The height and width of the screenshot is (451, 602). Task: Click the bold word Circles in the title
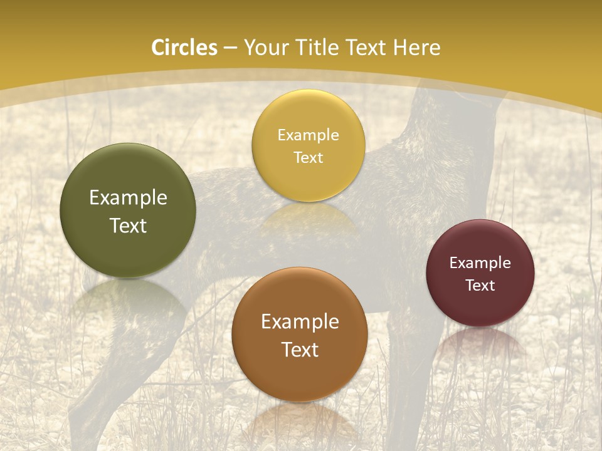click(184, 48)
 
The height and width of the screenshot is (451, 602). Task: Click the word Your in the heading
click(263, 48)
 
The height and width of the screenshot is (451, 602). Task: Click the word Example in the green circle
click(128, 198)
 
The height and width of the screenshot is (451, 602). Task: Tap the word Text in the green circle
click(128, 225)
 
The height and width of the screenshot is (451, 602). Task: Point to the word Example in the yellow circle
click(308, 135)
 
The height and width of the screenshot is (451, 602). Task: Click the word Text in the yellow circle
click(308, 157)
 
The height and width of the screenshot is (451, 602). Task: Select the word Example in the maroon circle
click(480, 263)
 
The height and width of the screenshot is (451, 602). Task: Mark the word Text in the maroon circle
click(480, 285)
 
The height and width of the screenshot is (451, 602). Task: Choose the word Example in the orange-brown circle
click(300, 322)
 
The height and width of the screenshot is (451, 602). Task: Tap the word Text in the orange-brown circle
click(300, 350)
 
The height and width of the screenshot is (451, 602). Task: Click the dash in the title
click(230, 48)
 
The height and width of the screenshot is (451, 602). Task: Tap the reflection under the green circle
click(129, 298)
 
